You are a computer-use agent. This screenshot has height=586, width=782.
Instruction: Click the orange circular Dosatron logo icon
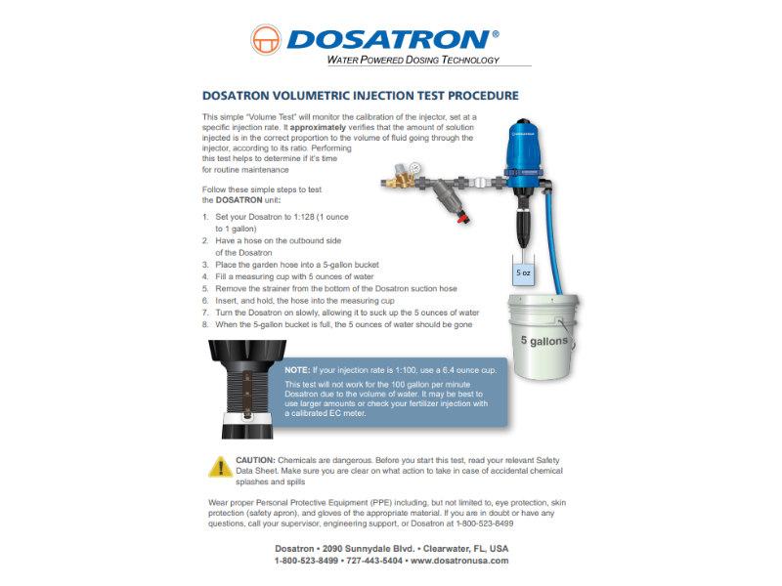(x=266, y=39)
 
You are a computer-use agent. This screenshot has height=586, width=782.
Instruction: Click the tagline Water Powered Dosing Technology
(x=413, y=60)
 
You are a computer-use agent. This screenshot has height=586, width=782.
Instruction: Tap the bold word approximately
(x=318, y=128)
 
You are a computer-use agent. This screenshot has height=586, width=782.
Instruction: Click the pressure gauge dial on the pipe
(x=414, y=168)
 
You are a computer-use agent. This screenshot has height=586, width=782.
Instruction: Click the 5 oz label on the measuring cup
(x=523, y=272)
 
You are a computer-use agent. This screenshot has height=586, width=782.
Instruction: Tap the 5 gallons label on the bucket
(x=544, y=341)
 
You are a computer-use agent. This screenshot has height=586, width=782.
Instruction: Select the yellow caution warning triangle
(x=221, y=467)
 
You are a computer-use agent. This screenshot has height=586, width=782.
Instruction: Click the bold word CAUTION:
(x=255, y=460)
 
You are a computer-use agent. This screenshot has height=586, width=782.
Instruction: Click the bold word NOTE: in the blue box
(x=297, y=370)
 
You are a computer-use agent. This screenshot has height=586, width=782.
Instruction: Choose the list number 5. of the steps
(x=205, y=288)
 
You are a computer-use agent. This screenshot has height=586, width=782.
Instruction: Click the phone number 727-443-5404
(x=374, y=561)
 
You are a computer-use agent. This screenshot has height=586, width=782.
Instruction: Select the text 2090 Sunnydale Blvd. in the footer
(x=369, y=549)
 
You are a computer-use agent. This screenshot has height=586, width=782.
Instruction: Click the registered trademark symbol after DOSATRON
(x=496, y=34)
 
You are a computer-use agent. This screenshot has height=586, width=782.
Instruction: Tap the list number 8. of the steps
(x=205, y=324)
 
